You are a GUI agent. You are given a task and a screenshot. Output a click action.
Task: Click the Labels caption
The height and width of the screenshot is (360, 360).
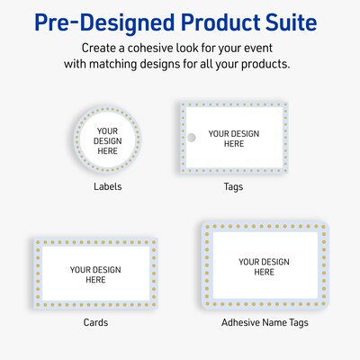(x=108, y=187)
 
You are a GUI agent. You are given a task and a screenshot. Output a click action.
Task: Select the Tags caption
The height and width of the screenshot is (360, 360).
(x=233, y=187)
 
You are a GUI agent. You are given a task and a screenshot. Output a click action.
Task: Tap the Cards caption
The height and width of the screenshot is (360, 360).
(x=95, y=322)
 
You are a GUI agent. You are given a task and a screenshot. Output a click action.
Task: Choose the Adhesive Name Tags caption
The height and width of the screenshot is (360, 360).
(x=263, y=322)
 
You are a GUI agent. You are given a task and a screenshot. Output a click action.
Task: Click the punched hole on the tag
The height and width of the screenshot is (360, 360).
(x=190, y=138)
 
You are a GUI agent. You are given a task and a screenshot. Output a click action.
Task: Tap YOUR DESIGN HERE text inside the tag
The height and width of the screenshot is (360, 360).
(x=233, y=139)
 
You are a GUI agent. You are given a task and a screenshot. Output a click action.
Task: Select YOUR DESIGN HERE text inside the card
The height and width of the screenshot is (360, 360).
(x=95, y=274)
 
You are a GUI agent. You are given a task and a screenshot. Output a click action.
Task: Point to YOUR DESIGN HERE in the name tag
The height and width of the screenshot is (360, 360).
(x=264, y=266)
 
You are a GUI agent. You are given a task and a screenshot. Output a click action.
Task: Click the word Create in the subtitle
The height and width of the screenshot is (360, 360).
(x=100, y=47)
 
